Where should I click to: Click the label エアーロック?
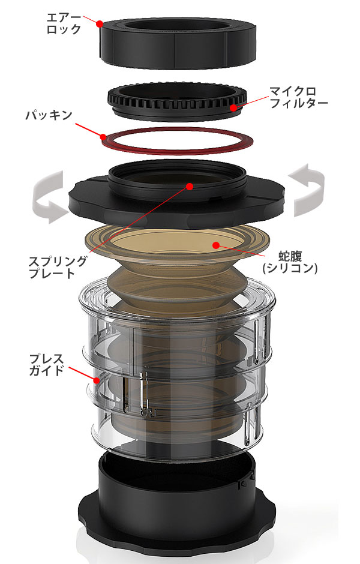64,23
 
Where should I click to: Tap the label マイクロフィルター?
299,97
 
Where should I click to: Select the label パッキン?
49,115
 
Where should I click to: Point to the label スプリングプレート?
57,267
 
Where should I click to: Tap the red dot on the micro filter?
234,107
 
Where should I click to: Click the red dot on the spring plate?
190,187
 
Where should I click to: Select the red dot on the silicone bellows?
216,245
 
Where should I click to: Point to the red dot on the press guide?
97,380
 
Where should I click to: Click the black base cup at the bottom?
178,511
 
